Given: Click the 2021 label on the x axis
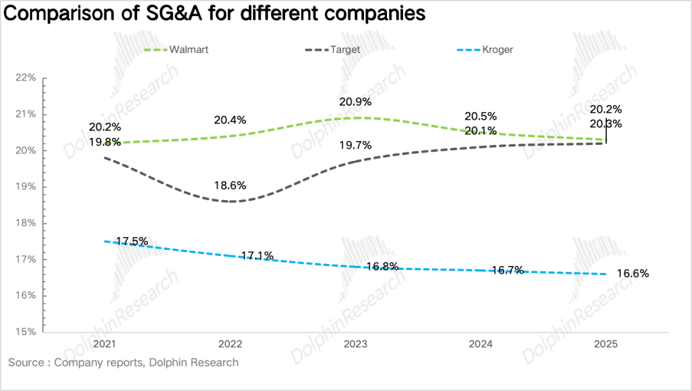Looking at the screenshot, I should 105,345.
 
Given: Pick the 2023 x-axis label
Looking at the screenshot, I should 356,345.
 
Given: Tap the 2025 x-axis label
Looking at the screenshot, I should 605,345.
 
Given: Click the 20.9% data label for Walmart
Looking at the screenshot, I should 356,102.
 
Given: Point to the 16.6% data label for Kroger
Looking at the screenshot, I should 633,274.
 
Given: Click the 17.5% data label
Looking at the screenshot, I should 132,242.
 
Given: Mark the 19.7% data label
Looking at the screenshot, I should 356,146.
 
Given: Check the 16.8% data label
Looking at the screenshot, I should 383,266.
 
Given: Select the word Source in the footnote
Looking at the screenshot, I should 25,363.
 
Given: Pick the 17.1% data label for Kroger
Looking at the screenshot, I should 258,256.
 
